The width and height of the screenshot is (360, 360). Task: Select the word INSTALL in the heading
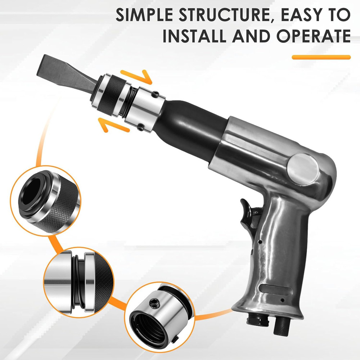[192, 36]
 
